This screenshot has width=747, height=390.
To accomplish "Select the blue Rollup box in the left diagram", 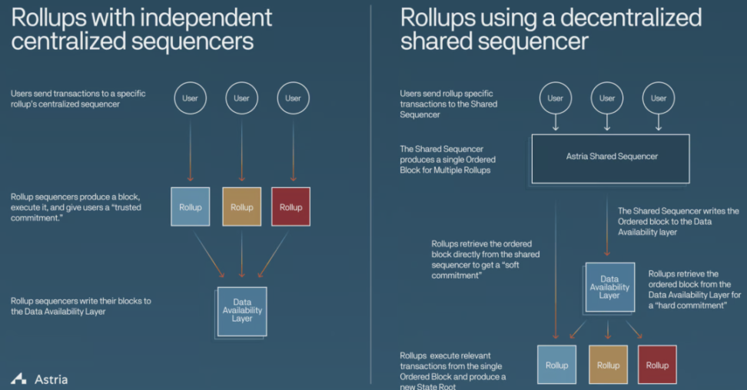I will click(x=191, y=207).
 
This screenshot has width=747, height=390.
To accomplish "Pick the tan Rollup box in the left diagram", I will click(x=241, y=207).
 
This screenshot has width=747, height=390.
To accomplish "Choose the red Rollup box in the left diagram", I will click(x=291, y=207).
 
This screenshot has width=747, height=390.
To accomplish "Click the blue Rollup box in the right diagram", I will click(x=556, y=365).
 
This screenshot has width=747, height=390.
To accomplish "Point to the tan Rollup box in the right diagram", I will click(x=608, y=365).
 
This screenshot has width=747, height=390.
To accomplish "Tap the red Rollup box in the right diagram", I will click(x=657, y=365).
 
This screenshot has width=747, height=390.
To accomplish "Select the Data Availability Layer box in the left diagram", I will click(x=241, y=311).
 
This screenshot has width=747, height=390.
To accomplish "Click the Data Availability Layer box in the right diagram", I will click(x=609, y=287).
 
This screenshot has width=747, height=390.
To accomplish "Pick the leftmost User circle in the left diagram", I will click(x=191, y=98).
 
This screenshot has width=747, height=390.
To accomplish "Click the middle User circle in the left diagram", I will click(x=241, y=98).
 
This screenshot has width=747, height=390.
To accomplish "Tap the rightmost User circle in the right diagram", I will click(x=659, y=98).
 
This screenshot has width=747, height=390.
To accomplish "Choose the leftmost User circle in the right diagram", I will click(x=556, y=98).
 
